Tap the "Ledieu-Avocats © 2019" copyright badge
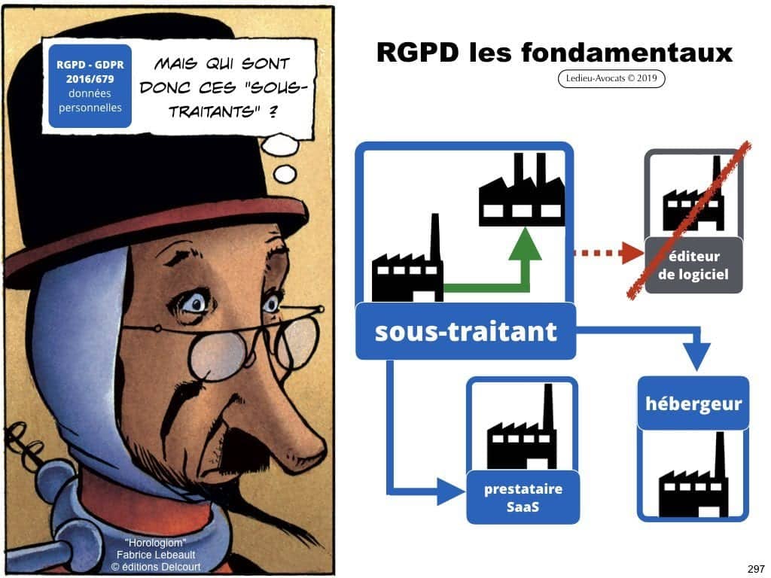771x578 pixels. pos(611,78)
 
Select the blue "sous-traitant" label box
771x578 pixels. pos(465,331)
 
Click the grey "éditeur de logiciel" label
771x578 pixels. pos(693,265)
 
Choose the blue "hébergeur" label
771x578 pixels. pos(693,404)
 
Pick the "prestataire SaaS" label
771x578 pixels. pos(523,497)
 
